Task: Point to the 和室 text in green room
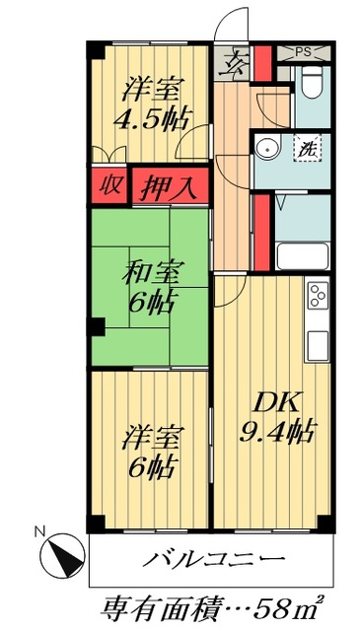pos(151,268)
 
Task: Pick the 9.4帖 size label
pos(277,431)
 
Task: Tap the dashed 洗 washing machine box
pos(307,151)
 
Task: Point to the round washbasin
pos(265,149)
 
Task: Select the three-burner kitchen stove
pos(317,297)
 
